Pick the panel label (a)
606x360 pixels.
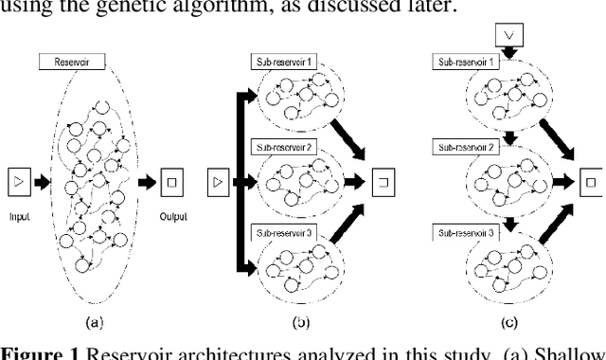point(94,323)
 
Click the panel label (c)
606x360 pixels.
point(512,323)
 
